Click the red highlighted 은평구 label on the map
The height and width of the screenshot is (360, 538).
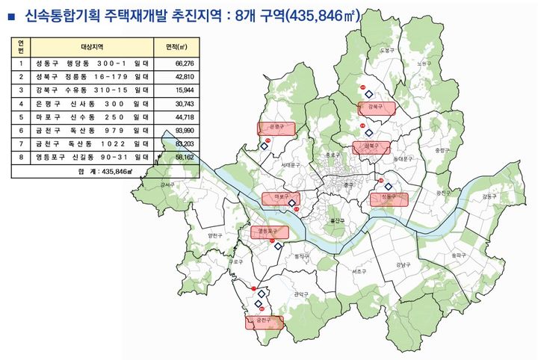pyautogui.click(x=276, y=128)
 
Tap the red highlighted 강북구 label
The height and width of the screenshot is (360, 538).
pyautogui.click(x=375, y=108)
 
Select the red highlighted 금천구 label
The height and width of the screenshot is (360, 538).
pyautogui.click(x=264, y=322)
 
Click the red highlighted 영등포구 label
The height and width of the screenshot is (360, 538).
pyautogui.click(x=268, y=232)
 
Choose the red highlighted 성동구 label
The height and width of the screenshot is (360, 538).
pyautogui.click(x=389, y=198)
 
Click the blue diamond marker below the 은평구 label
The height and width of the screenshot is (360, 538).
pyautogui.click(x=264, y=147)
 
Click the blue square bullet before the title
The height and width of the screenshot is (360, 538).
pyautogui.click(x=11, y=14)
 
